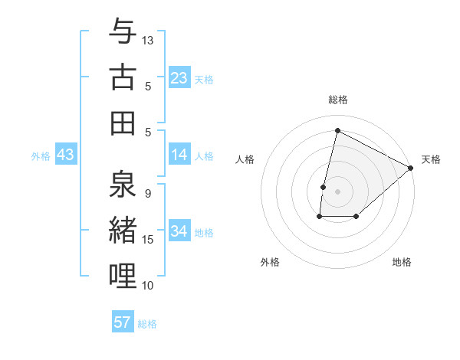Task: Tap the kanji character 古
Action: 123,77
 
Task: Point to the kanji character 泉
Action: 123,185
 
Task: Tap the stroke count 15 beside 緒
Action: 149,240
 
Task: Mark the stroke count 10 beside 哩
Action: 149,285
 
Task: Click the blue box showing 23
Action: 179,77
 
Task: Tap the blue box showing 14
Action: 179,155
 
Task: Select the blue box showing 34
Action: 179,231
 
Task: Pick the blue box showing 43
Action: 65,155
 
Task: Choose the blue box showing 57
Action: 123,322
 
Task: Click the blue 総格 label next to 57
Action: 147,324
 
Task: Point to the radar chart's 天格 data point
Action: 412,168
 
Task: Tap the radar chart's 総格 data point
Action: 337,130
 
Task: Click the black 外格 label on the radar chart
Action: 270,262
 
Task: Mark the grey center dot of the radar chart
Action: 337,191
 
